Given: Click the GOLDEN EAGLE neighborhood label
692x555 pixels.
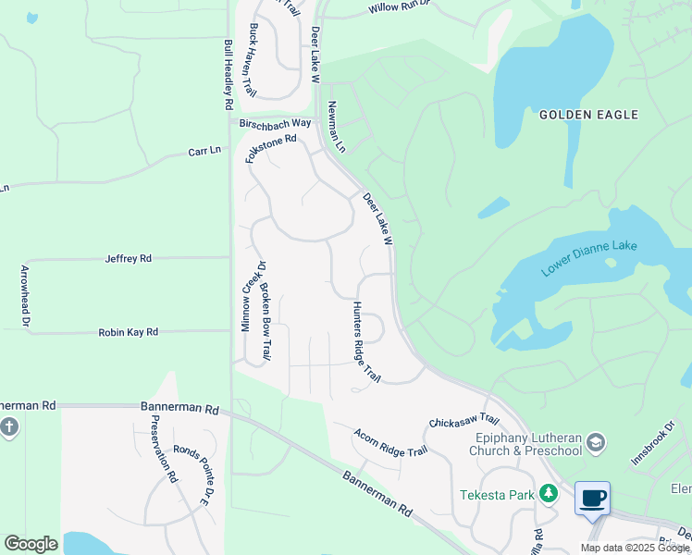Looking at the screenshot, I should [x=588, y=115].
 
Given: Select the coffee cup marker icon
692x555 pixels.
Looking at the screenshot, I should [x=592, y=499].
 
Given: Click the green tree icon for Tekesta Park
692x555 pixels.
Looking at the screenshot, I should [x=550, y=494].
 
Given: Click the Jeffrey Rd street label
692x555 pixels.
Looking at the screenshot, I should [x=128, y=259].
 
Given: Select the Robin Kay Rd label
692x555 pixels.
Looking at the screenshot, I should [x=128, y=331].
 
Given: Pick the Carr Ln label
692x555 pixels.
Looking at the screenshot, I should [x=204, y=151].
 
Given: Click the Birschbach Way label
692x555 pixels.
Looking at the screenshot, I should [x=276, y=123].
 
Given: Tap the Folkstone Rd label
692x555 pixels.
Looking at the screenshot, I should [x=270, y=149].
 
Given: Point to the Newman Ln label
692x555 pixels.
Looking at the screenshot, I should [x=335, y=129].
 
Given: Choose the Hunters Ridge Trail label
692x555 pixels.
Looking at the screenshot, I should [x=365, y=341].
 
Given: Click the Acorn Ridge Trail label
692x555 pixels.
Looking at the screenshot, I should [x=390, y=442].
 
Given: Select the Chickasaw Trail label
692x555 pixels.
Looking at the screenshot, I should [x=463, y=421].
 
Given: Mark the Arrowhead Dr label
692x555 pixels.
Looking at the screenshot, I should [x=25, y=296].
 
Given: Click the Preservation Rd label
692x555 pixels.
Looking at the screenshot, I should [x=163, y=450].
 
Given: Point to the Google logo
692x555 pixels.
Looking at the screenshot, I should [x=31, y=544].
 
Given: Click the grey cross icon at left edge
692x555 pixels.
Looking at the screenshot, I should [x=9, y=428].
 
